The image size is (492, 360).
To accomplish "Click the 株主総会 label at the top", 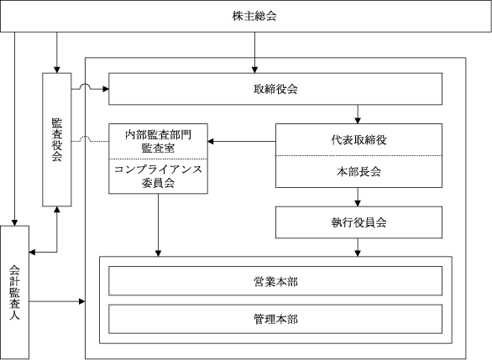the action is click(254, 16).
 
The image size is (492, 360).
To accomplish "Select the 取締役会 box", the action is click(275, 89).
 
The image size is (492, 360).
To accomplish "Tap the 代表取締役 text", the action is click(359, 140).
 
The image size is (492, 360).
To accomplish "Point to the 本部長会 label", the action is click(359, 171).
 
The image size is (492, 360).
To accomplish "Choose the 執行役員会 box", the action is click(359, 222).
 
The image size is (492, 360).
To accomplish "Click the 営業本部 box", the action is click(275, 281).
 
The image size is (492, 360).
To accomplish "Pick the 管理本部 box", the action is click(275, 319).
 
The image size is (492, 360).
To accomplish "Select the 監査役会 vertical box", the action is click(57, 139).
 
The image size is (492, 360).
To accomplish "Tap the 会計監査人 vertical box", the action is click(14, 292).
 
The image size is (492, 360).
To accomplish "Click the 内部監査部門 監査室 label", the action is click(158, 141).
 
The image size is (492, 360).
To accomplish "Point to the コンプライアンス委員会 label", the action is click(158, 176).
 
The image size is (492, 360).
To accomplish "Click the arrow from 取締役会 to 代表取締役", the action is click(358, 114).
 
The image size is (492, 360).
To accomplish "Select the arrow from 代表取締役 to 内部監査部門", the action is click(242, 142).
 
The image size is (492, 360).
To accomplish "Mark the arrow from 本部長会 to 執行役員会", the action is click(358, 197).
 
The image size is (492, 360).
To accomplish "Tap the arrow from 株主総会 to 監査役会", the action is click(57, 52).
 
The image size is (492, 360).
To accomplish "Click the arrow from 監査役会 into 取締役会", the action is click(90, 88).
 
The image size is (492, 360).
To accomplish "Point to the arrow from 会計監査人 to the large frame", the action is click(57, 301).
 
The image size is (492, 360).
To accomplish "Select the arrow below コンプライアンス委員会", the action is click(158, 225).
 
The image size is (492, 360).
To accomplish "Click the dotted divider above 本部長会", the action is click(359, 155).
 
